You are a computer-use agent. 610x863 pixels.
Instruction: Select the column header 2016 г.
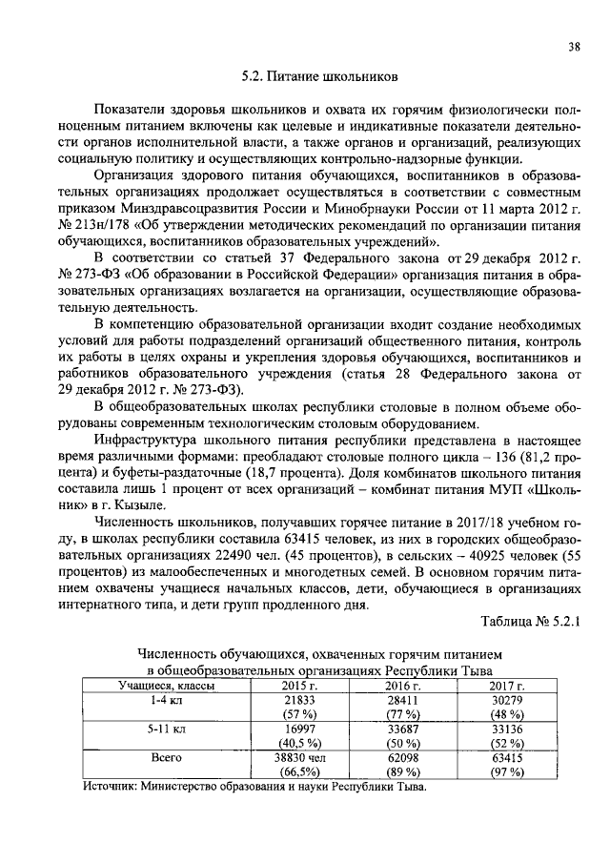[401, 686]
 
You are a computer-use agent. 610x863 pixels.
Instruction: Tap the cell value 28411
[401, 700]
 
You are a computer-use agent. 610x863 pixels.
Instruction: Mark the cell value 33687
[401, 729]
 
